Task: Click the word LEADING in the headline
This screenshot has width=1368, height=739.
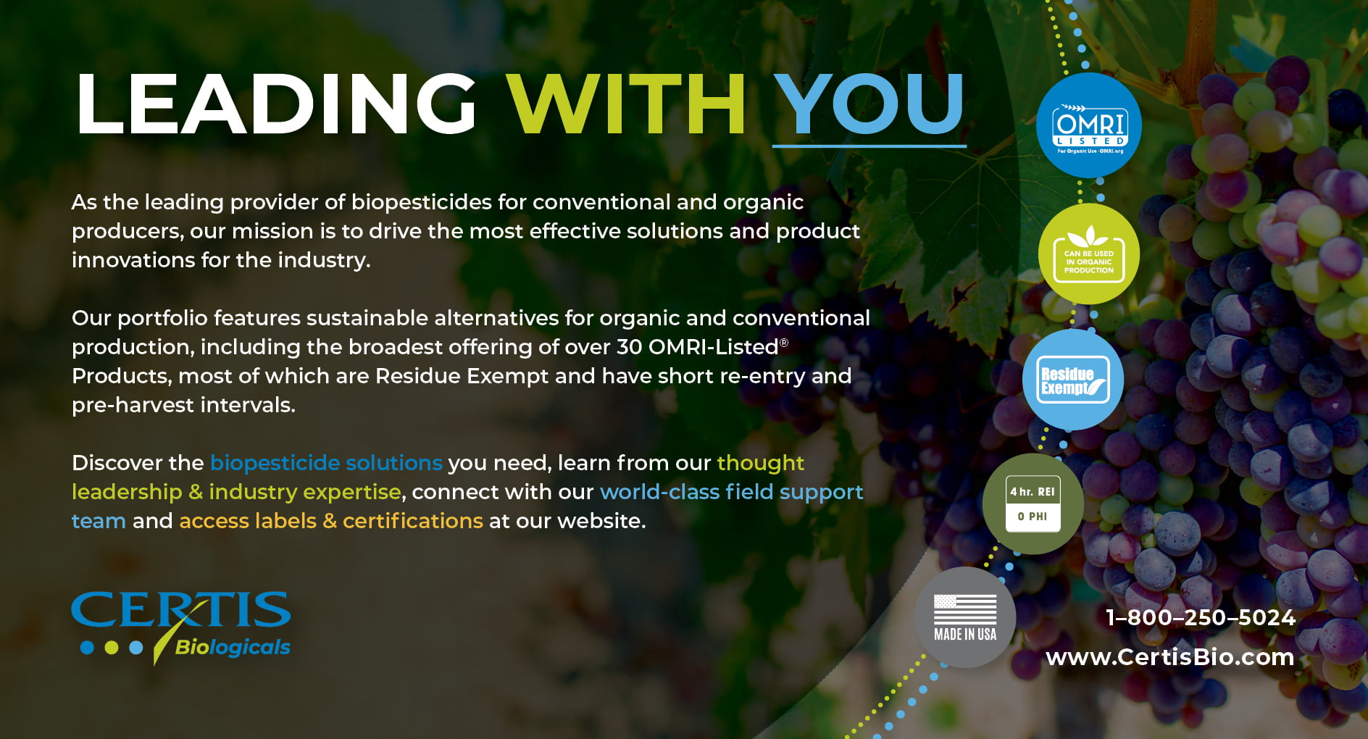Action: (276, 104)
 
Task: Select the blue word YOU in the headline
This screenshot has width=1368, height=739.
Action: (869, 104)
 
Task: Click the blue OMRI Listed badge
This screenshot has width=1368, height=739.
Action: (1089, 125)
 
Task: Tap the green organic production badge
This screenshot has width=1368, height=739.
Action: (1089, 254)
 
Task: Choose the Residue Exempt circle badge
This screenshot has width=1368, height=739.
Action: (1073, 380)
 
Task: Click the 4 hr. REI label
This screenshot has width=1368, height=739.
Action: (1033, 492)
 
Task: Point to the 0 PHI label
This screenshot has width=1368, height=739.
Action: (1033, 517)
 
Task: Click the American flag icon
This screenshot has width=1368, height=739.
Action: (965, 609)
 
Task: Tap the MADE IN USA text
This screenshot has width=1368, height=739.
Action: (965, 635)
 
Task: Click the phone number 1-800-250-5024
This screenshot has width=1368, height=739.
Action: (1201, 617)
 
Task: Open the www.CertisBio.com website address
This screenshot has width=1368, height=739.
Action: (1169, 657)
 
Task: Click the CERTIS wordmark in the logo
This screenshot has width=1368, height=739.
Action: (181, 609)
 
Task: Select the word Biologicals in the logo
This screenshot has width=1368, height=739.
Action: (233, 647)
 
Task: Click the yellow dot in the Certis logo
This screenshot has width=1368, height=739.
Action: (112, 647)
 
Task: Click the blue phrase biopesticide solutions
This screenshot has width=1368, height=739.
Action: (326, 463)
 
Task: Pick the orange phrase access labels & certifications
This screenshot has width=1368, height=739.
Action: (331, 521)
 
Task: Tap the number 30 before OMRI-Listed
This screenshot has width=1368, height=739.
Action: (630, 347)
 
